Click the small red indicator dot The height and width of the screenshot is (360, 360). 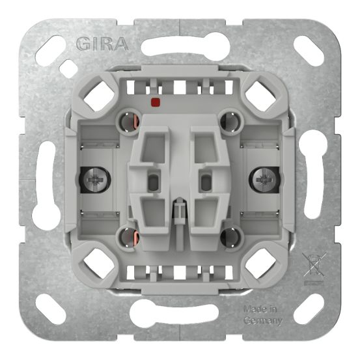click(x=156, y=102)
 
